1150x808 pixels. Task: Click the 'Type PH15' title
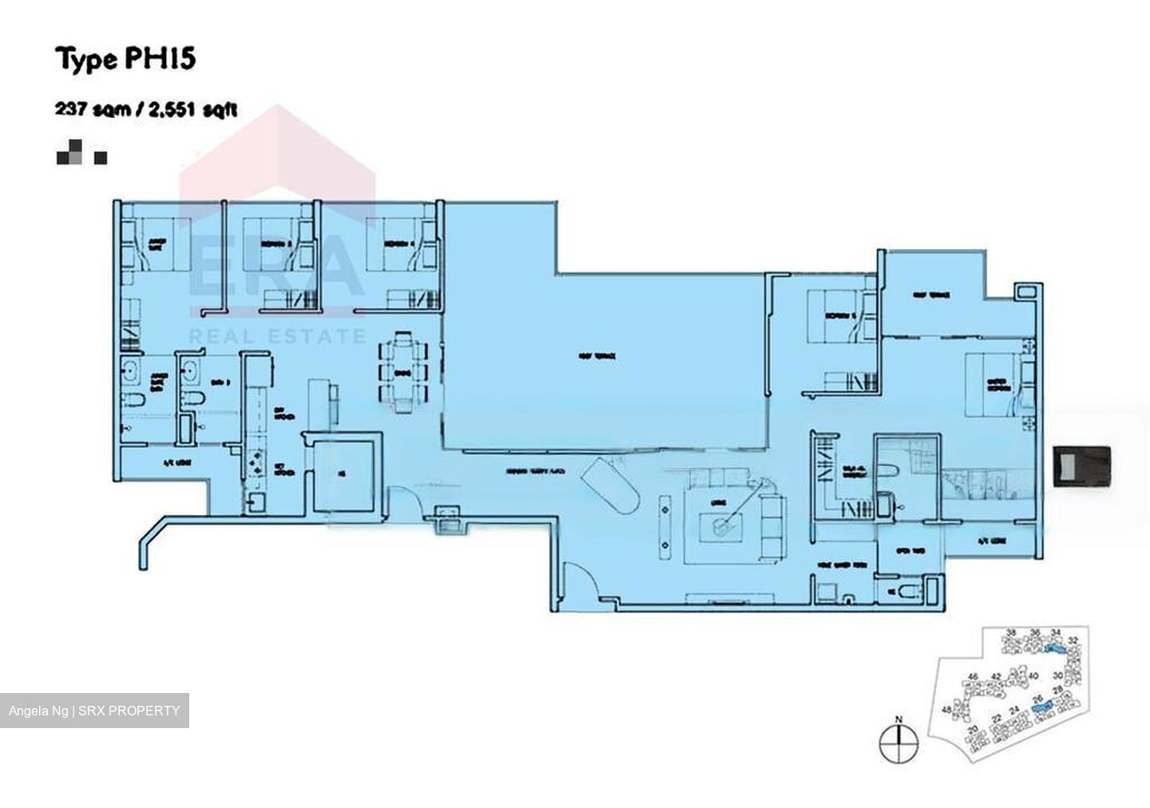(x=125, y=59)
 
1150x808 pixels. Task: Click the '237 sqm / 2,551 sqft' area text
(x=145, y=109)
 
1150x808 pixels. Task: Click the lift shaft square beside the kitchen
(x=344, y=473)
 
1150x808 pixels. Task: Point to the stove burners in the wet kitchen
(x=258, y=464)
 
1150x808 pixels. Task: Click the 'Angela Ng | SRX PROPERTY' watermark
(x=94, y=711)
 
